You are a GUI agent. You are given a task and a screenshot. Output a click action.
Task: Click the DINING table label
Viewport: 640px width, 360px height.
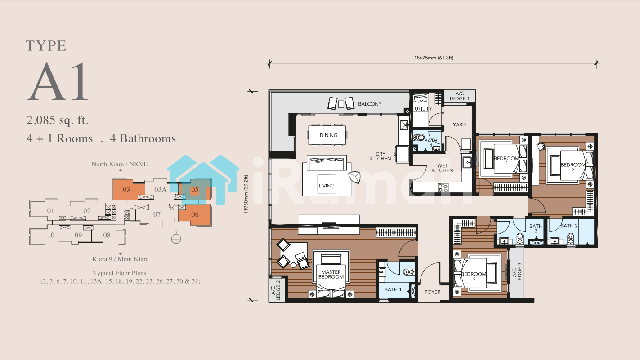coord(328,135)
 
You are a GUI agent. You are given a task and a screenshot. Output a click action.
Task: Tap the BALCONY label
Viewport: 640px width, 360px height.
coord(370,104)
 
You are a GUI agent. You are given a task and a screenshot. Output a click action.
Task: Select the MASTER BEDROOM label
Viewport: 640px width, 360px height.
coord(331,274)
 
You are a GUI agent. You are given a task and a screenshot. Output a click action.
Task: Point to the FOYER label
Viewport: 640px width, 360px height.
coord(432,292)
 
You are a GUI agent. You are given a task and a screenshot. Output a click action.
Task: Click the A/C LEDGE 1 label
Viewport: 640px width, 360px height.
coord(460,96)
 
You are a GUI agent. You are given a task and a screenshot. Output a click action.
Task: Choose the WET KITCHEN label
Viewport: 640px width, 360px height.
coord(442,168)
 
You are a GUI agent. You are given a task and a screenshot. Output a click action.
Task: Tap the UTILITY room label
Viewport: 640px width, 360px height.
coord(423,109)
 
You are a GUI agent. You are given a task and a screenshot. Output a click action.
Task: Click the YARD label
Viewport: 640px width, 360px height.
coord(459,124)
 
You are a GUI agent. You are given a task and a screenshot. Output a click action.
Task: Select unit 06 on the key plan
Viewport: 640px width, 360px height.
coord(195,214)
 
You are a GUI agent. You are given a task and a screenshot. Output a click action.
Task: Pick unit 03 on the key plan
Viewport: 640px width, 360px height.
coord(126,190)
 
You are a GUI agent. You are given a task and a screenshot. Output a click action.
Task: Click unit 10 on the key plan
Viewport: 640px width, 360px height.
coord(51,235)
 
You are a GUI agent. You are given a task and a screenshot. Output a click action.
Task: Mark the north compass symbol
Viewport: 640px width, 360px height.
coord(176,239)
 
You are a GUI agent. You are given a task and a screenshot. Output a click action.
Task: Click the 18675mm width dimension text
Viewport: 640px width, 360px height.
coord(434,58)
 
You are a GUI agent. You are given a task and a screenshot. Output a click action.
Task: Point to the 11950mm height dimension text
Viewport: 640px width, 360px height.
coord(246,195)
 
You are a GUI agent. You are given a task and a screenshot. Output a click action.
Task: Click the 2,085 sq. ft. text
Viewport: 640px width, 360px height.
coord(58,120)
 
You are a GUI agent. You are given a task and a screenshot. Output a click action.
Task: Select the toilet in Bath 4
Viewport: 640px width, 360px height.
coord(419,138)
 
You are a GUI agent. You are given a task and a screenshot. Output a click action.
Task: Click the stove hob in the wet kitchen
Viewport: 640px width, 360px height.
coord(443,187)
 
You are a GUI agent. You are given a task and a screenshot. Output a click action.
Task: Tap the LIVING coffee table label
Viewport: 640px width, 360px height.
coord(327,186)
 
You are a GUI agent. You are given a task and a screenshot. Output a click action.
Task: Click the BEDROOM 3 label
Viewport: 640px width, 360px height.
coord(474,276)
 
